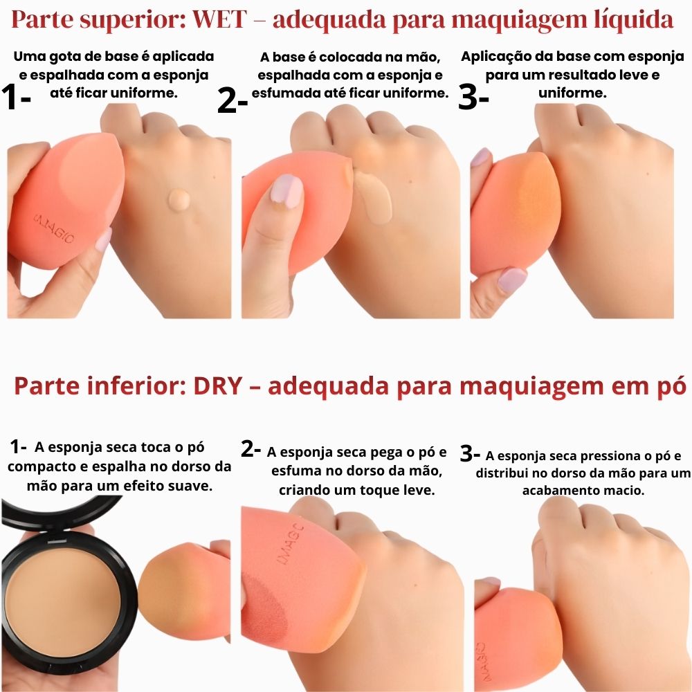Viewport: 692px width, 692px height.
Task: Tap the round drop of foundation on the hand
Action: pyautogui.click(x=179, y=200)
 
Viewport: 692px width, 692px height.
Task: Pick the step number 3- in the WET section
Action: pyautogui.click(x=474, y=98)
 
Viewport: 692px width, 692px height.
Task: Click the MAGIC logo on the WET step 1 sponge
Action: pyautogui.click(x=54, y=230)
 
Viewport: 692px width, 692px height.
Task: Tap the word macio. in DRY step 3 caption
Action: pyautogui.click(x=622, y=490)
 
